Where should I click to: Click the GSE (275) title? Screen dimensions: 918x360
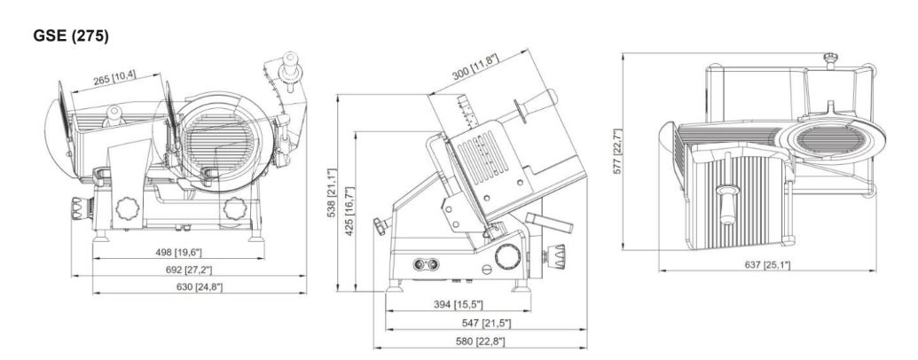tap(71, 35)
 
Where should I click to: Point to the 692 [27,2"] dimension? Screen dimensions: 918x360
tap(188, 270)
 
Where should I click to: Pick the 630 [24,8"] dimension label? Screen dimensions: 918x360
tap(199, 286)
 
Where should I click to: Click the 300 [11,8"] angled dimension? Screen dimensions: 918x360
tap(475, 67)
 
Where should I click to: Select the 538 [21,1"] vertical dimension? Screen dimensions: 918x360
tap(331, 193)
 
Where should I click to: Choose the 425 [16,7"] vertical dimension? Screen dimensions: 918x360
tap(349, 211)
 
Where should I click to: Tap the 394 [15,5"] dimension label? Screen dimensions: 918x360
tap(458, 304)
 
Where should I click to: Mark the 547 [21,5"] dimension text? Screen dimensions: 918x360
tap(486, 323)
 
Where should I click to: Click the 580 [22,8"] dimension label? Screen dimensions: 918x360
tap(480, 340)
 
